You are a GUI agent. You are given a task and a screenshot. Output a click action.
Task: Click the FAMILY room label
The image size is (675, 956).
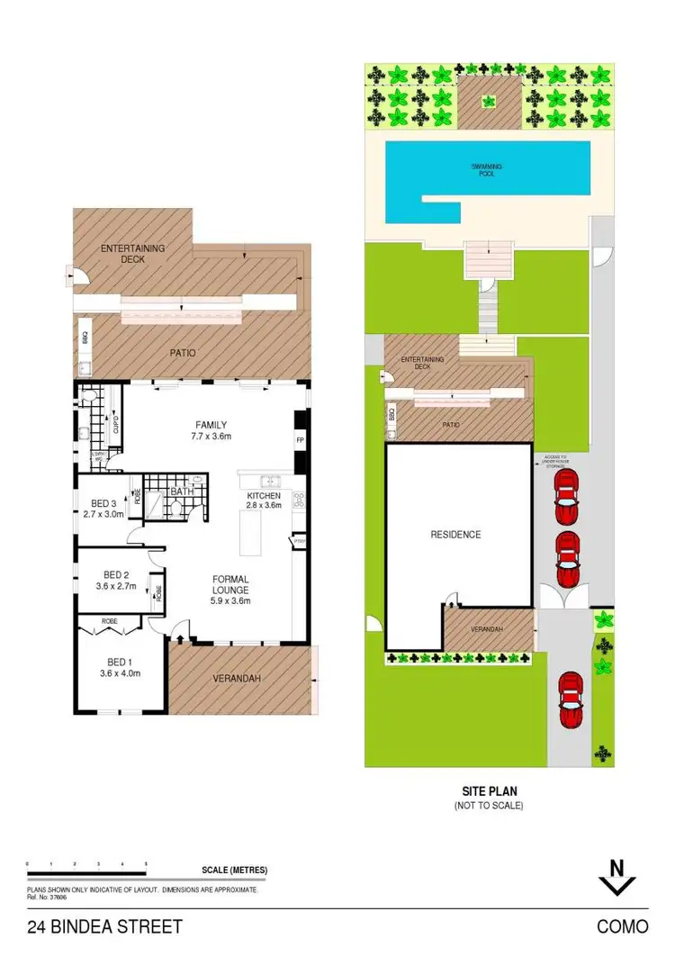click(211, 425)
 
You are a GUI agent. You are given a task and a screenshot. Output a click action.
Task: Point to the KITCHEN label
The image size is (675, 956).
click(264, 496)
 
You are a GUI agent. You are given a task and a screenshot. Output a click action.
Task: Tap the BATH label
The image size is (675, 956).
click(182, 492)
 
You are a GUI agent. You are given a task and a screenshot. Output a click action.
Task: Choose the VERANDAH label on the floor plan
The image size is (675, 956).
click(237, 679)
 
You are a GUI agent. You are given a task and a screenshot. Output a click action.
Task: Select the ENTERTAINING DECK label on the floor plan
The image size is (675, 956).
click(135, 253)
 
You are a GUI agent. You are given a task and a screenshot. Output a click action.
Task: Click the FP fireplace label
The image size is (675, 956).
click(300, 440)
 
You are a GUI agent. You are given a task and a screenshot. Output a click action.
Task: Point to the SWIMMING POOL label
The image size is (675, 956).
click(487, 170)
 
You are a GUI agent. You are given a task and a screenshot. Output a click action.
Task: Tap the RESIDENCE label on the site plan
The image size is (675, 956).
click(455, 535)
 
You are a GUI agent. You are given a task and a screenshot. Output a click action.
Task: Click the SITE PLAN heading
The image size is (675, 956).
click(488, 792)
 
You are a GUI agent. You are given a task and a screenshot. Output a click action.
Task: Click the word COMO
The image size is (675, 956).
click(620, 926)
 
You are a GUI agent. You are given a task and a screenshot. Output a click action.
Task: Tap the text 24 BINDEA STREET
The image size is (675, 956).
click(104, 926)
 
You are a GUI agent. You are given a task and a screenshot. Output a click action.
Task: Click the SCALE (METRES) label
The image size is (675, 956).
click(235, 870)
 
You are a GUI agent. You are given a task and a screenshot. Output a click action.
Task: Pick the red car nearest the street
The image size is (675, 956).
click(569, 700)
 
